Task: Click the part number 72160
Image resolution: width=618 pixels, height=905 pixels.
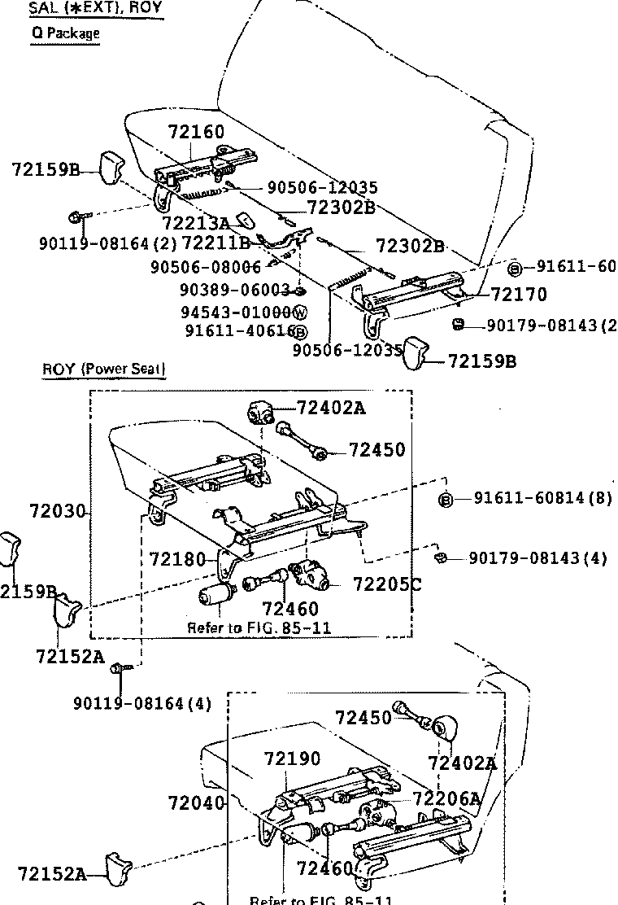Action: [196, 133]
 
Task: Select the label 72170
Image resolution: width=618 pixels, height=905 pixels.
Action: [519, 294]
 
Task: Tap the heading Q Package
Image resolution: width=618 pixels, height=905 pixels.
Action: [65, 33]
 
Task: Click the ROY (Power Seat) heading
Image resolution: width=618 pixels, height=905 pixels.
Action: [104, 369]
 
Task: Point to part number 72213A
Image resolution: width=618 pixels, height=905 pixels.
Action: [195, 223]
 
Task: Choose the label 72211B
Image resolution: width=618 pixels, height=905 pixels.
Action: [215, 243]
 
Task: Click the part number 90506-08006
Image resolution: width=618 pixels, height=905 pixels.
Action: [206, 267]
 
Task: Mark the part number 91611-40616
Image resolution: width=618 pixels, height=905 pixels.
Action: [237, 331]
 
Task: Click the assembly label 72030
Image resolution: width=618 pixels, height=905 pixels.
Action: [57, 511]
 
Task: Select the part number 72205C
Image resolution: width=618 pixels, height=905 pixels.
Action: [387, 584]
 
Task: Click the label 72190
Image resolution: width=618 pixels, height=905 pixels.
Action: [292, 759]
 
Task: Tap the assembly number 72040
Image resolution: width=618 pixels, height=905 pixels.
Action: [196, 803]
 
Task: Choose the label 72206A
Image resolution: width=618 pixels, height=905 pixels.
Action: [447, 799]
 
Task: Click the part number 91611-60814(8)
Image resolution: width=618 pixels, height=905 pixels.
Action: [542, 498]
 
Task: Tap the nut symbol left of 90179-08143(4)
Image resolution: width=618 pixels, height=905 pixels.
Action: [439, 557]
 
